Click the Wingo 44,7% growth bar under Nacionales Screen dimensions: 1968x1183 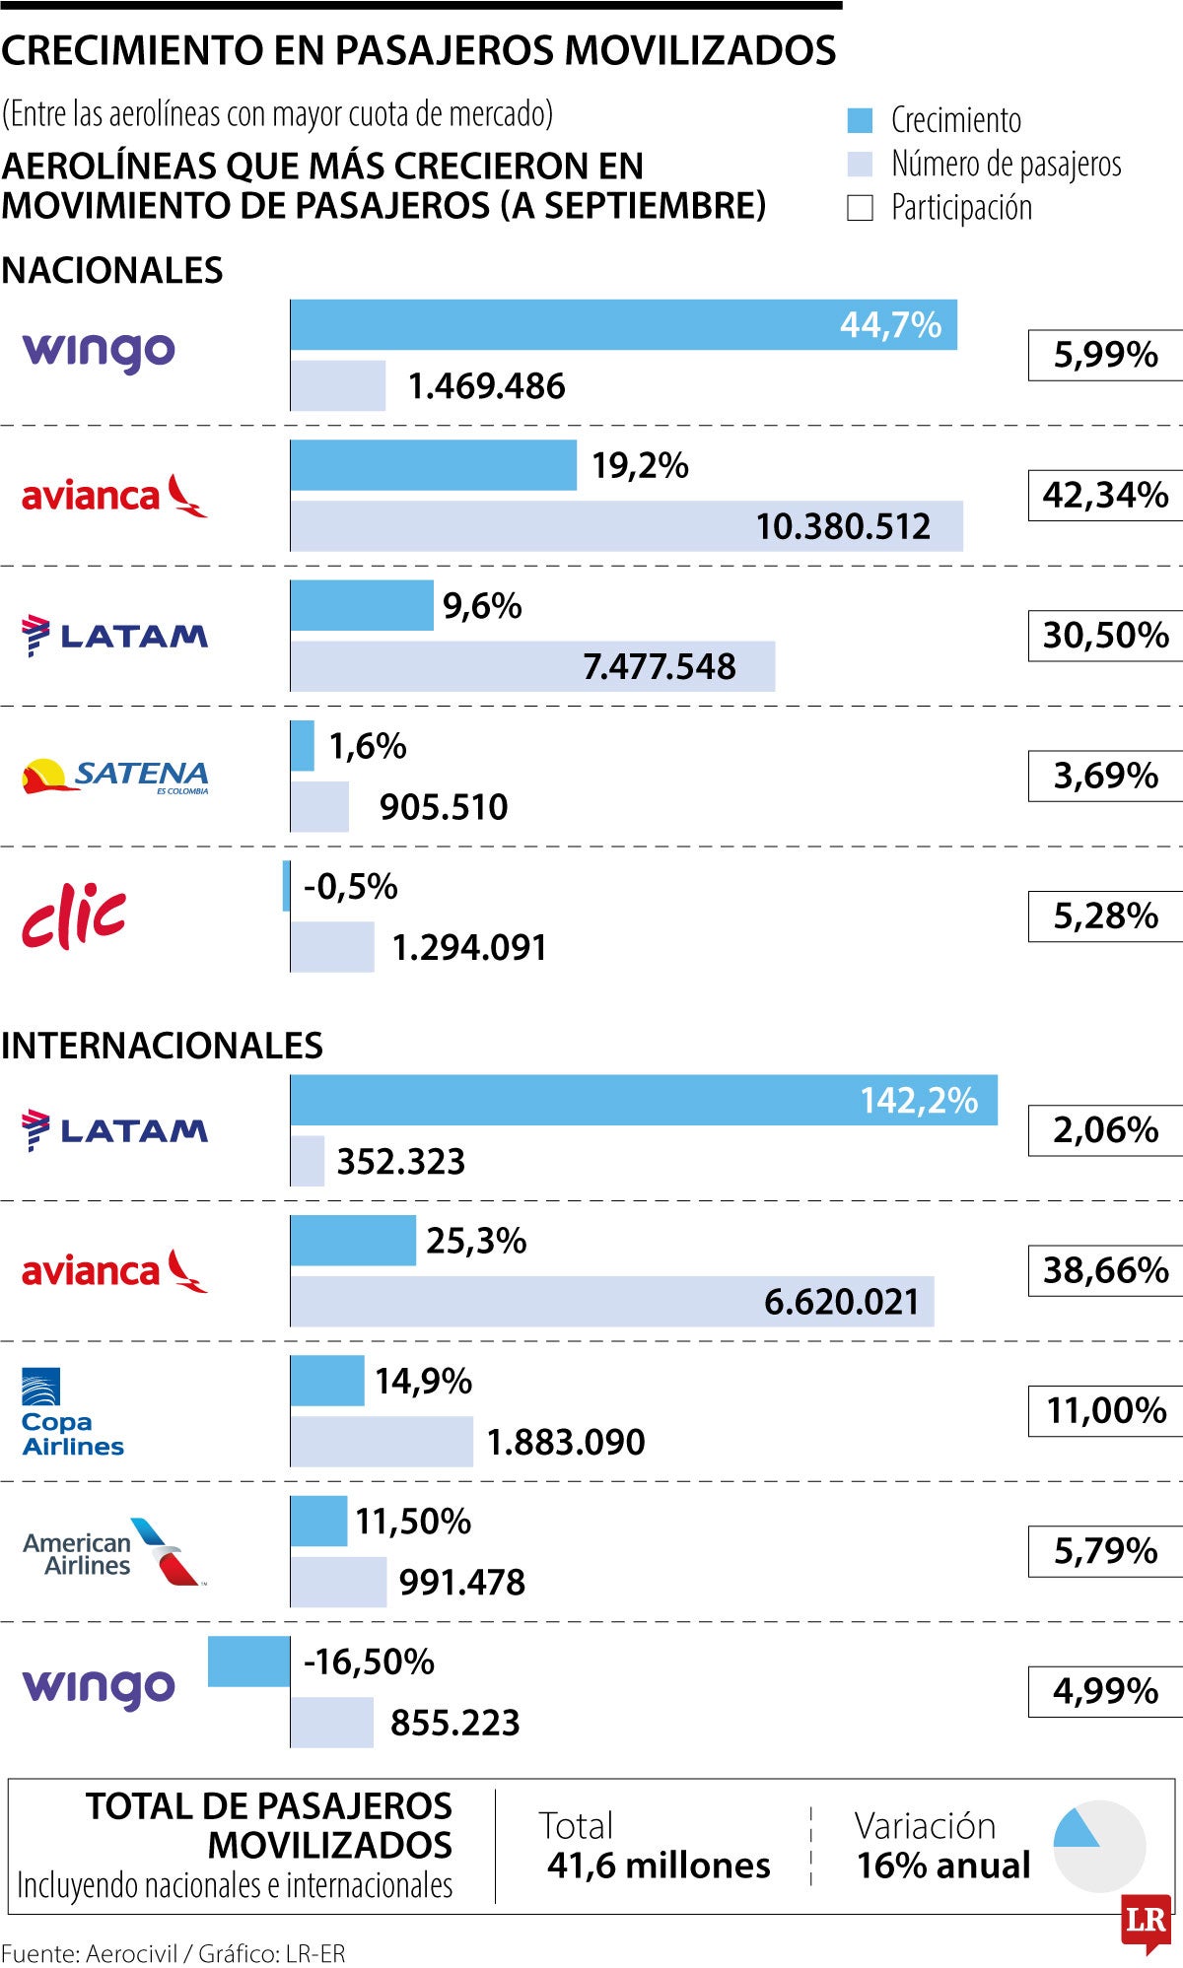[623, 325]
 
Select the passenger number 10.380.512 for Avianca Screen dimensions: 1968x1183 [843, 526]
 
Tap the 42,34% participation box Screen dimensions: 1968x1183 [1105, 495]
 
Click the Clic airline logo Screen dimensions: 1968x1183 [74, 916]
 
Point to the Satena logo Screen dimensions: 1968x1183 [115, 777]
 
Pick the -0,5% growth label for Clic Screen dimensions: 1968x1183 [350, 887]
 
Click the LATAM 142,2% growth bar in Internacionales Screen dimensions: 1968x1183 [643, 1101]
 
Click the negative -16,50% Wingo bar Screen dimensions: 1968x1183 [248, 1662]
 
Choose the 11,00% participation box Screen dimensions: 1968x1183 [1105, 1411]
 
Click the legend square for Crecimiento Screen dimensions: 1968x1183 [860, 121]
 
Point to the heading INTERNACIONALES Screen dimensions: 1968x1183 [163, 1046]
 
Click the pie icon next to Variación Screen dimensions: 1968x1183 [1098, 1846]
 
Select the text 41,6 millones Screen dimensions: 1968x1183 [659, 1866]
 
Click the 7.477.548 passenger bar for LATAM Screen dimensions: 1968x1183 [532, 667]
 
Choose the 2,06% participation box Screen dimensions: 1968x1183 [1105, 1130]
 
